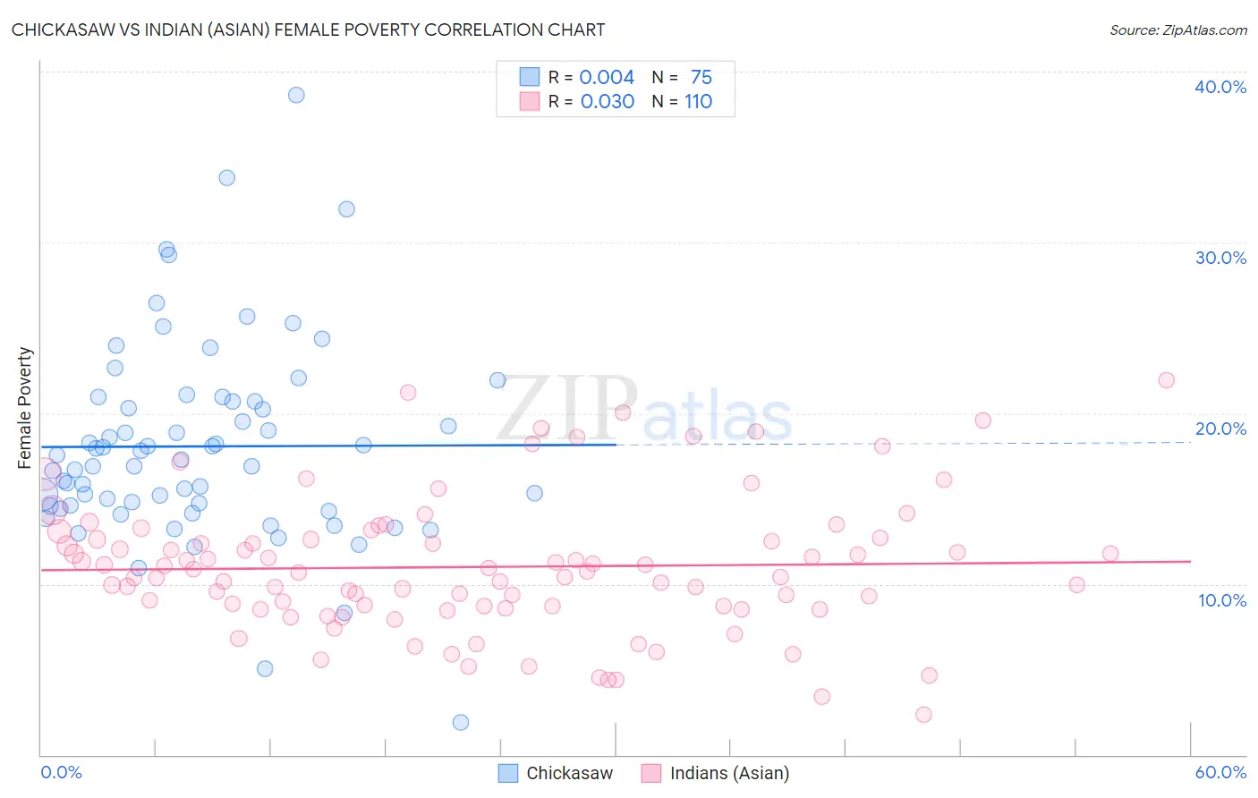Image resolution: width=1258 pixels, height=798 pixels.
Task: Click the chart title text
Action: (308, 30)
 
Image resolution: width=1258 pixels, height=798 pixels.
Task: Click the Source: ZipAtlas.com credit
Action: (1177, 30)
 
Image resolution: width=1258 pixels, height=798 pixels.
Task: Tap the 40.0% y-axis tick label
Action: (1220, 87)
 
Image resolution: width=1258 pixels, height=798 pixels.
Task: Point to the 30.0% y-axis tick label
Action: (1220, 258)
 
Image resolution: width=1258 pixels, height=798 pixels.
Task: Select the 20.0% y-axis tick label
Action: (1220, 429)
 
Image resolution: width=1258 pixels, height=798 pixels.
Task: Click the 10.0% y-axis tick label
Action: (1221, 600)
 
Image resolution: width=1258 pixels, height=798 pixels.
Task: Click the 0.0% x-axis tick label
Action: (61, 772)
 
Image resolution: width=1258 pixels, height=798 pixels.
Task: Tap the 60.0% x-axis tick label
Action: (1220, 772)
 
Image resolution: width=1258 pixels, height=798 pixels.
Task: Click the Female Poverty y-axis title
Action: (25, 408)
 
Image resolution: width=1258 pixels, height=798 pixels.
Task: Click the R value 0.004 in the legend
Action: (607, 77)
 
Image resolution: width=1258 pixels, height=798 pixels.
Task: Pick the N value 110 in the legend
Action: (698, 102)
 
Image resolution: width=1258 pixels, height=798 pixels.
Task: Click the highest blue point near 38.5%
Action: (296, 95)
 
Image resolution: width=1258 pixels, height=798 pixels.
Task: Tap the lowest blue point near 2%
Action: (461, 722)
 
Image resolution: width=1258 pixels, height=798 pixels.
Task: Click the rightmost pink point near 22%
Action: (1166, 380)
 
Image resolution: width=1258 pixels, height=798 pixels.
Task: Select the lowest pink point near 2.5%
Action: (923, 714)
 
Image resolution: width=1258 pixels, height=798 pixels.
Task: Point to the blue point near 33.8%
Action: (227, 178)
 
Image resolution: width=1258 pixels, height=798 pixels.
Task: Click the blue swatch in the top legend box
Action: (530, 77)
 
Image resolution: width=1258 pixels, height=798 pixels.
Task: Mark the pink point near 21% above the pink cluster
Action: (408, 392)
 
